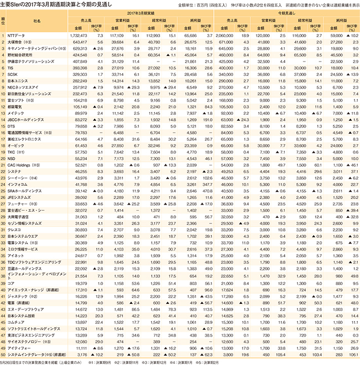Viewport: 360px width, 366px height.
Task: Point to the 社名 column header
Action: (37, 20)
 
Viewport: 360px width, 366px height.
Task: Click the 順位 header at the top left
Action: (4, 20)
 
